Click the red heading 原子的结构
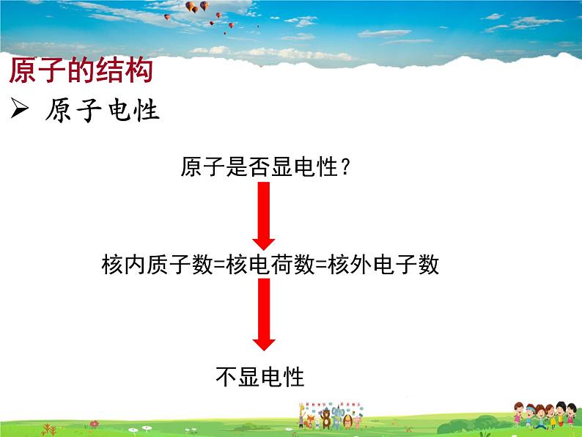click(81, 72)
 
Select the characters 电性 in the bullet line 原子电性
click(132, 111)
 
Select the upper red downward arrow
click(263, 216)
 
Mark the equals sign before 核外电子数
click(320, 265)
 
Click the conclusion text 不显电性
click(260, 377)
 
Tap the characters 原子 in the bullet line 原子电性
click(73, 111)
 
